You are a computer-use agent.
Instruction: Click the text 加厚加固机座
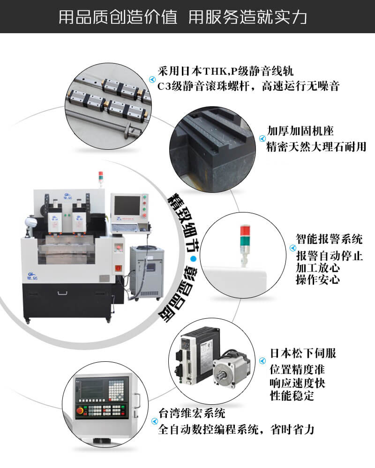pyautogui.click(x=300, y=131)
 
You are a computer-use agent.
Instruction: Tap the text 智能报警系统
pyautogui.click(x=329, y=239)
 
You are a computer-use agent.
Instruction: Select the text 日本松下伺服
pyautogui.click(x=303, y=353)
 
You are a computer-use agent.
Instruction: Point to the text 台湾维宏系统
pyautogui.click(x=192, y=413)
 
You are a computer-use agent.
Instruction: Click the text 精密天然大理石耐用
pyautogui.click(x=316, y=146)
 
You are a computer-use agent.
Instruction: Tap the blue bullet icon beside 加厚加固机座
pyautogui.click(x=262, y=139)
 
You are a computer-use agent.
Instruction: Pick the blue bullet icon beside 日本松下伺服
pyautogui.click(x=262, y=361)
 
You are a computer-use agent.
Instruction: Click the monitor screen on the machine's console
pyautogui.click(x=127, y=205)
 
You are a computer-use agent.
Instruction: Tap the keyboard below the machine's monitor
pyautogui.click(x=125, y=227)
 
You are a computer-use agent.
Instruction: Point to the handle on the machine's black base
pyautogui.click(x=62, y=293)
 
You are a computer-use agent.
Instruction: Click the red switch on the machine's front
pyautogui.click(x=119, y=268)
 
